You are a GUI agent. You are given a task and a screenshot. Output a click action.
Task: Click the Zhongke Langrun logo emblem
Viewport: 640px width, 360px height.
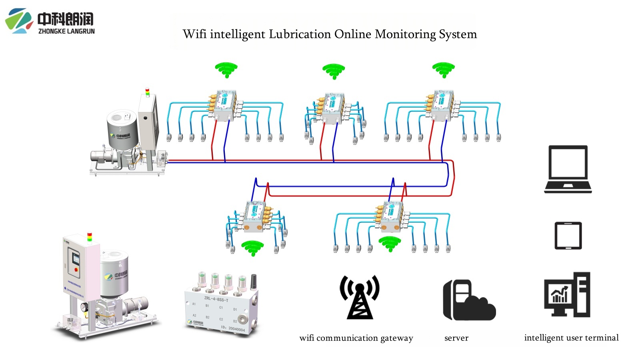(18, 21)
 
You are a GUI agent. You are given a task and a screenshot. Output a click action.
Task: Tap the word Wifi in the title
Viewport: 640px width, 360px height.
(194, 34)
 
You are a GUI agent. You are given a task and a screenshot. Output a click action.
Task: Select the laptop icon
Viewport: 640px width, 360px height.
(568, 169)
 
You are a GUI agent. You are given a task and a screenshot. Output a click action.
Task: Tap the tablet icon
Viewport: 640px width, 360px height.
(568, 236)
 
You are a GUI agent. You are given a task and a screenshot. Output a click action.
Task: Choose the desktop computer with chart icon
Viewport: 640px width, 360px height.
(567, 295)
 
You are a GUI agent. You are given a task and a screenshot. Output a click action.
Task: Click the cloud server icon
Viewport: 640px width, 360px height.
(469, 300)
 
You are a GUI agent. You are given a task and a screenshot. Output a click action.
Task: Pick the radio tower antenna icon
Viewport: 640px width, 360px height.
(359, 297)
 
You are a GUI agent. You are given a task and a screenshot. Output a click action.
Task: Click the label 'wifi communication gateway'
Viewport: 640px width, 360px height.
(356, 338)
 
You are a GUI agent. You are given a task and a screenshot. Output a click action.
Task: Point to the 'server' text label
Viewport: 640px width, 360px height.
(456, 338)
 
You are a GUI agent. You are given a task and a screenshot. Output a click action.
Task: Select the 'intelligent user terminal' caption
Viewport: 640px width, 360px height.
(571, 338)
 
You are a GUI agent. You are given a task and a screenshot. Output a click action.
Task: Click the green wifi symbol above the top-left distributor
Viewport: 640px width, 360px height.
(226, 70)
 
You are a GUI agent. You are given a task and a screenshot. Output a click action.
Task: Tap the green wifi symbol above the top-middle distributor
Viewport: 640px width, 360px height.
(334, 71)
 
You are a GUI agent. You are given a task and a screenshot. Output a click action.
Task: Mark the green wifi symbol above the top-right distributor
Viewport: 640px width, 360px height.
(443, 69)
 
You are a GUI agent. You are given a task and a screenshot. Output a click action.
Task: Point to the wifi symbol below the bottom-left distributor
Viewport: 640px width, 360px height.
(252, 247)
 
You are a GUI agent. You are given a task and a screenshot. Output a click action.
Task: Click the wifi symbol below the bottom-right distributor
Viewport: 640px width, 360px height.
(390, 243)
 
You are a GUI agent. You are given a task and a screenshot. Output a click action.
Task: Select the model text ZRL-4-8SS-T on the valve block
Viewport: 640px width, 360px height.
(216, 299)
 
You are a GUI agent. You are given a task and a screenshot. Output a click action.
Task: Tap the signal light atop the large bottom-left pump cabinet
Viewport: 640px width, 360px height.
(90, 237)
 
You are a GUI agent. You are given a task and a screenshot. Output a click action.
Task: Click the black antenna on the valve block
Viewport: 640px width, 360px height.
(253, 281)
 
